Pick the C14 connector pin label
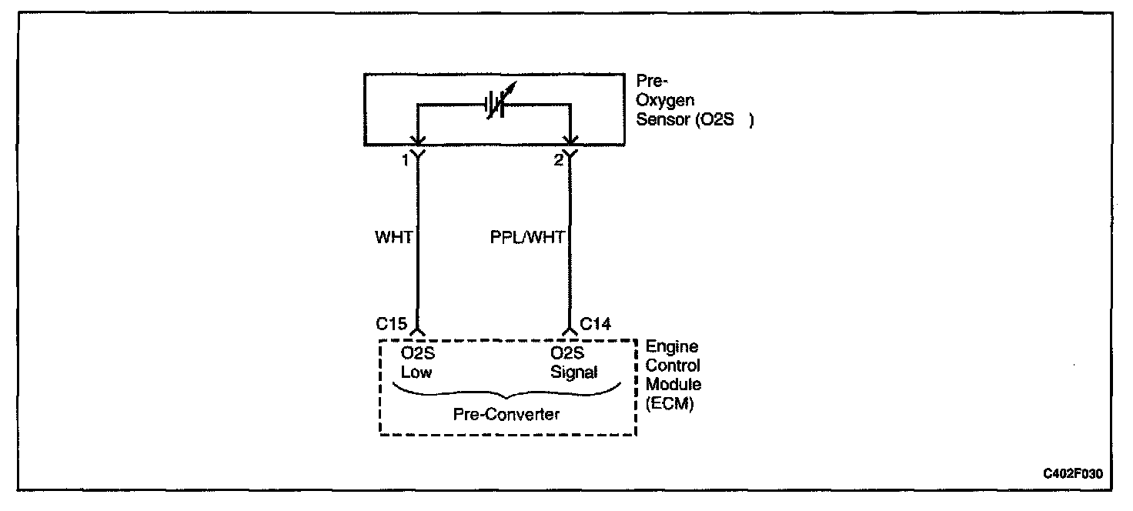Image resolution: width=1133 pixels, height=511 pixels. [595, 324]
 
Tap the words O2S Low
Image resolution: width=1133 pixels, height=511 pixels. [416, 362]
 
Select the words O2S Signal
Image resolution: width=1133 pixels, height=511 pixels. [573, 362]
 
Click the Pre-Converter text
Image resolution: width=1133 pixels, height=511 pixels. [506, 415]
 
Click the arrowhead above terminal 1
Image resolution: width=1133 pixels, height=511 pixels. [417, 139]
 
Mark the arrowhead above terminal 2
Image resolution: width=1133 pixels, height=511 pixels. [570, 139]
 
